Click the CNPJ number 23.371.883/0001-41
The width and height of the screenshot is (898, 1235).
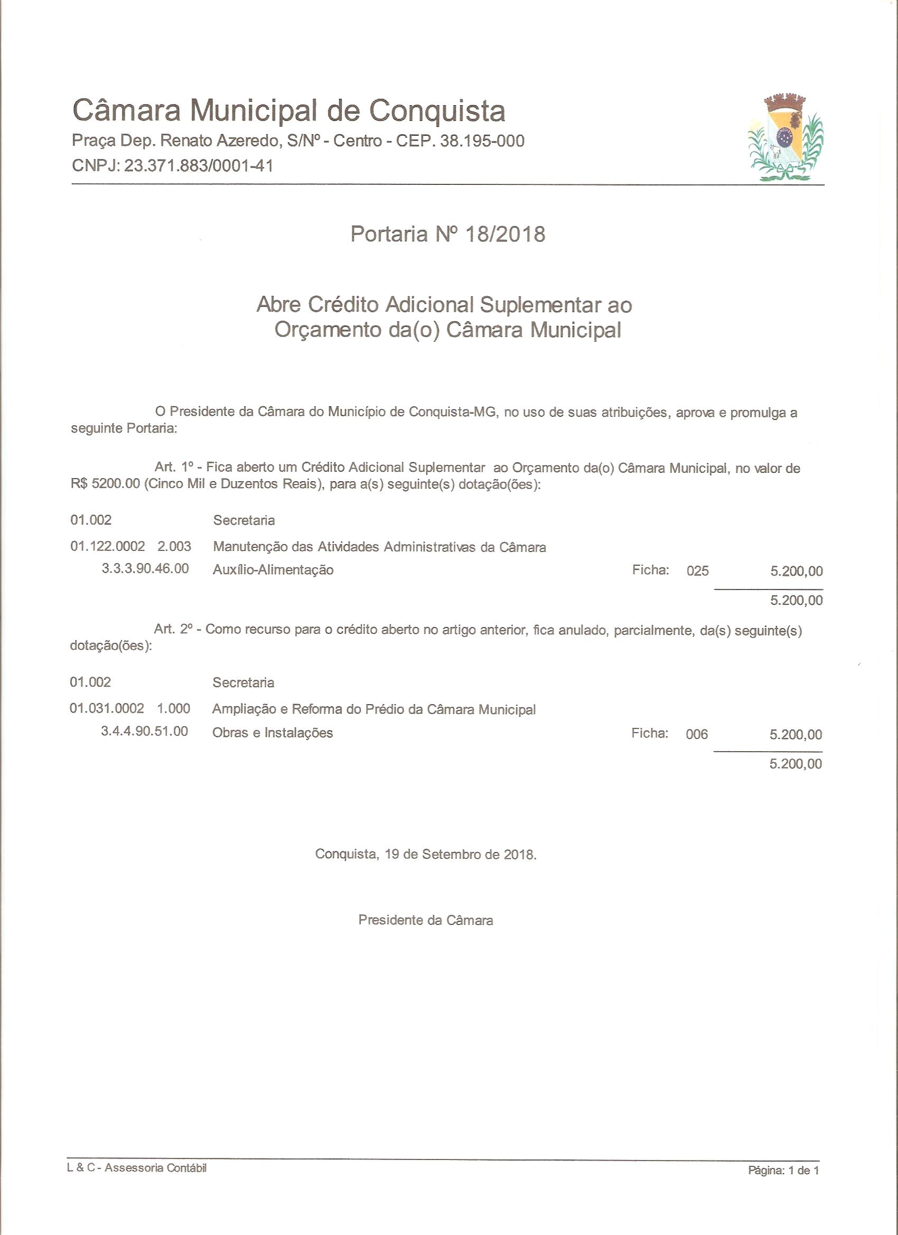(x=199, y=165)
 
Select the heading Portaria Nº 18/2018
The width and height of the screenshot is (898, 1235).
(x=447, y=234)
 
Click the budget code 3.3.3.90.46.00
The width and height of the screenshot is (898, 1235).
(x=145, y=568)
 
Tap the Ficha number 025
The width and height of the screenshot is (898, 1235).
(x=698, y=570)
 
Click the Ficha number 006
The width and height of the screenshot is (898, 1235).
(x=697, y=734)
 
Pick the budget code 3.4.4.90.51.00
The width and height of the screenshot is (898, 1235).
(x=145, y=731)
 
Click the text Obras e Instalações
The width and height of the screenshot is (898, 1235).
(x=272, y=733)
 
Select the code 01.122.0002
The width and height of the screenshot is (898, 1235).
(x=108, y=546)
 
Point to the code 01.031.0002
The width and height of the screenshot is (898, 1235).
(x=107, y=708)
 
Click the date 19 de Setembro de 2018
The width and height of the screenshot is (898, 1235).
(x=460, y=854)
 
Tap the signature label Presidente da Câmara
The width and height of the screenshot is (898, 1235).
(x=426, y=920)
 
